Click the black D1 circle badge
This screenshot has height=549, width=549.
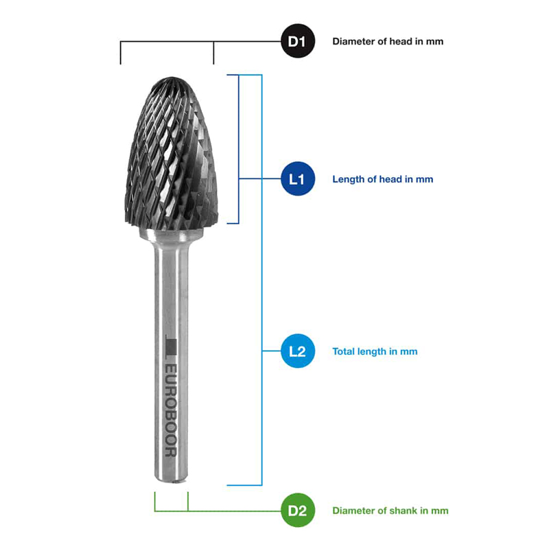click(298, 41)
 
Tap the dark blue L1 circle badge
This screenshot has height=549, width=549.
click(298, 179)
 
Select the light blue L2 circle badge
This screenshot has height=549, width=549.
click(298, 351)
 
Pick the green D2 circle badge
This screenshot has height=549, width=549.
click(298, 510)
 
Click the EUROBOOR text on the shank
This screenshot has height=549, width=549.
click(171, 411)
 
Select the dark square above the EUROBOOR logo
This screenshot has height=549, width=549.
click(171, 347)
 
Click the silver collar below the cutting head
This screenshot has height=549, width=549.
click(172, 235)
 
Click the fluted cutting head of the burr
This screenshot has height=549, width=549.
click(171, 154)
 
